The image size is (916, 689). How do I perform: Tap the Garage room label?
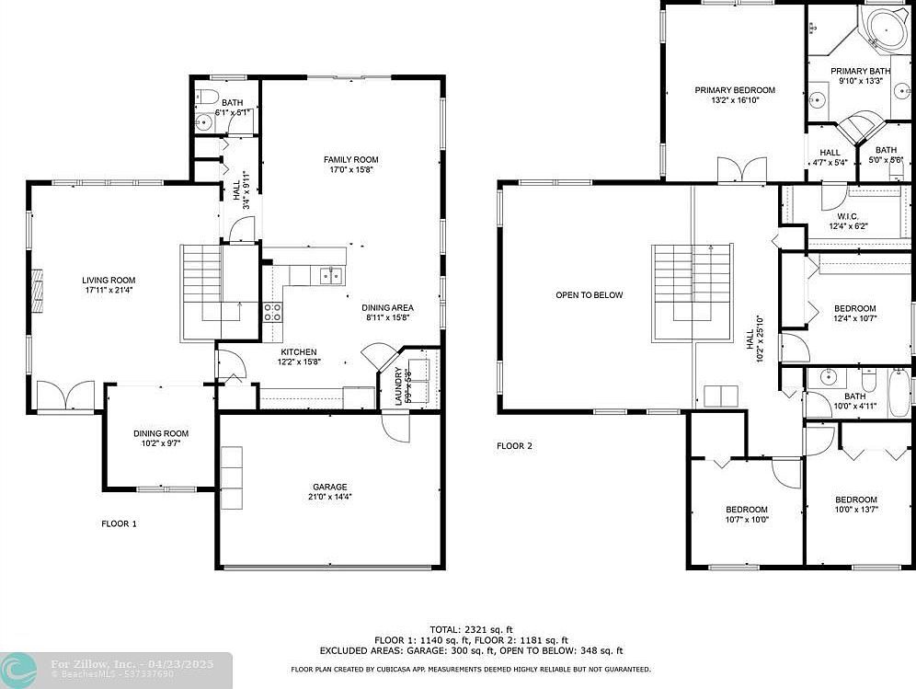(330, 487)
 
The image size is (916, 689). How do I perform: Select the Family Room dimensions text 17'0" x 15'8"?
(350, 170)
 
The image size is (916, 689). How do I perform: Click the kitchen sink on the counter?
(329, 275)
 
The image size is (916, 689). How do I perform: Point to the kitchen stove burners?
(273, 312)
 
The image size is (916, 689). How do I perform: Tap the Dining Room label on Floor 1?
(161, 433)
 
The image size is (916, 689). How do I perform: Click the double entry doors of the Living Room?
(65, 396)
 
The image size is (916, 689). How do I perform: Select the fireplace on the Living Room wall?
(37, 293)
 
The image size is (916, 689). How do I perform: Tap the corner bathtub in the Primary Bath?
(885, 28)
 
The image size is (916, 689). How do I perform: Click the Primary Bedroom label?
(735, 90)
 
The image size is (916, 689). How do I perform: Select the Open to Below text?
(589, 295)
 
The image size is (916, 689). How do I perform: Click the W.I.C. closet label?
(848, 216)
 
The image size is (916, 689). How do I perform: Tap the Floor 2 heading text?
(514, 446)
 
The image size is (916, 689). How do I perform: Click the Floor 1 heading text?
(119, 523)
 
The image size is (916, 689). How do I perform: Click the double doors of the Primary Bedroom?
(741, 171)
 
